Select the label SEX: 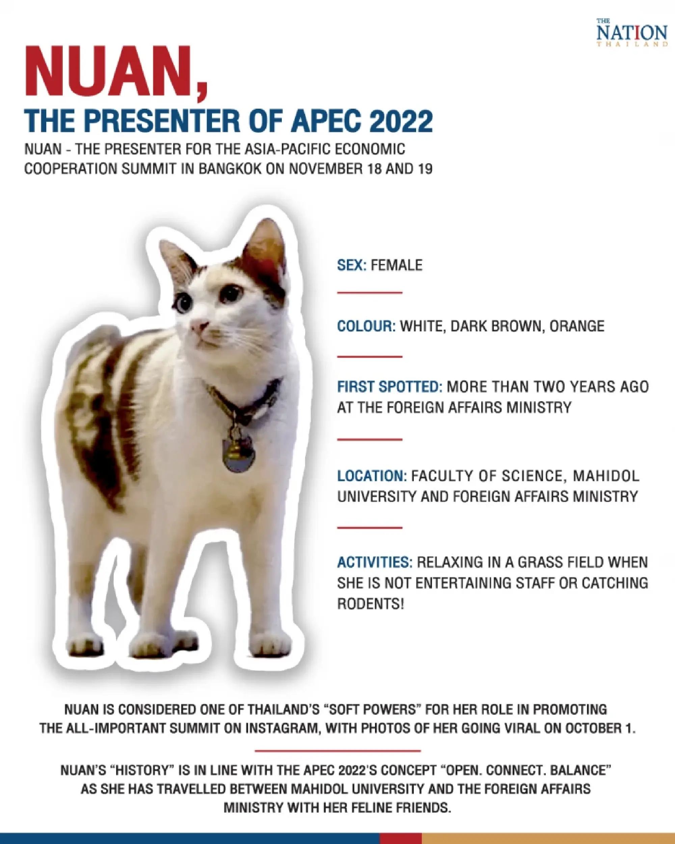coord(352,265)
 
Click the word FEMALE coord(397,265)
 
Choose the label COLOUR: coord(367,326)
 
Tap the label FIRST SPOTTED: coord(389,387)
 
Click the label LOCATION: coord(372,476)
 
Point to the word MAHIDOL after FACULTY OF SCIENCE coord(606,476)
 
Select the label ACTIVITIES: coord(375,563)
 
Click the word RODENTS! coord(370,604)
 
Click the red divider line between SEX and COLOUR coord(370,293)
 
